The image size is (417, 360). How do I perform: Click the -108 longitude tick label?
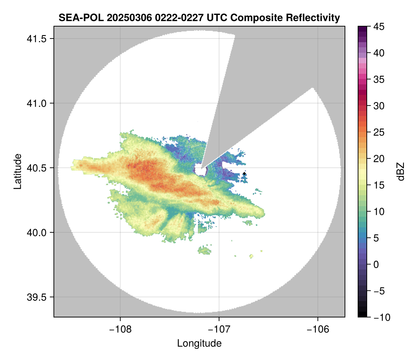coord(120,329)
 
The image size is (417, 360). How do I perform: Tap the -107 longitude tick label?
coord(219,329)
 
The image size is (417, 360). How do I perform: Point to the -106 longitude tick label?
coord(318,329)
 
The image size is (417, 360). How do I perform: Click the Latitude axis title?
coord(17,171)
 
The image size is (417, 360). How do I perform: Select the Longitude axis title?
coord(199,343)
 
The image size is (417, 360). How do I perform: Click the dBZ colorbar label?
coord(401,172)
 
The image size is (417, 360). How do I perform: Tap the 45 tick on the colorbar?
coord(378,27)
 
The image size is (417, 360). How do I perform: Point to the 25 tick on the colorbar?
coord(378,132)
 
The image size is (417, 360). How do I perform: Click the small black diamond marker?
coord(244,174)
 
